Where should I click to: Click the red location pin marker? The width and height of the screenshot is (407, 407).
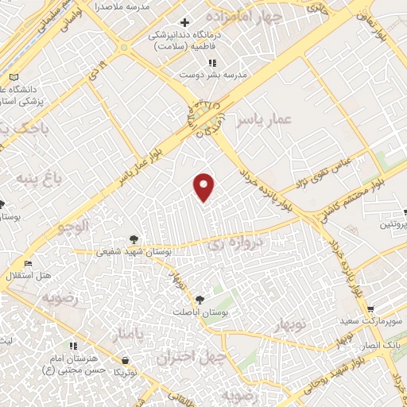coord(205,185)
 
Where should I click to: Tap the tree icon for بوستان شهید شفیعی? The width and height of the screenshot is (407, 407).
coord(133,238)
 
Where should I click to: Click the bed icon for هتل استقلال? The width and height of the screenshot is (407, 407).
coord(29,264)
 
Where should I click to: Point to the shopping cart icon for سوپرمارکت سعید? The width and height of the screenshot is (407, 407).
coord(370,309)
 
